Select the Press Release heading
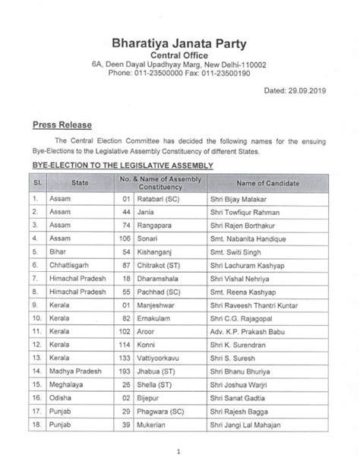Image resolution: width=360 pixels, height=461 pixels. click(x=61, y=125)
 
